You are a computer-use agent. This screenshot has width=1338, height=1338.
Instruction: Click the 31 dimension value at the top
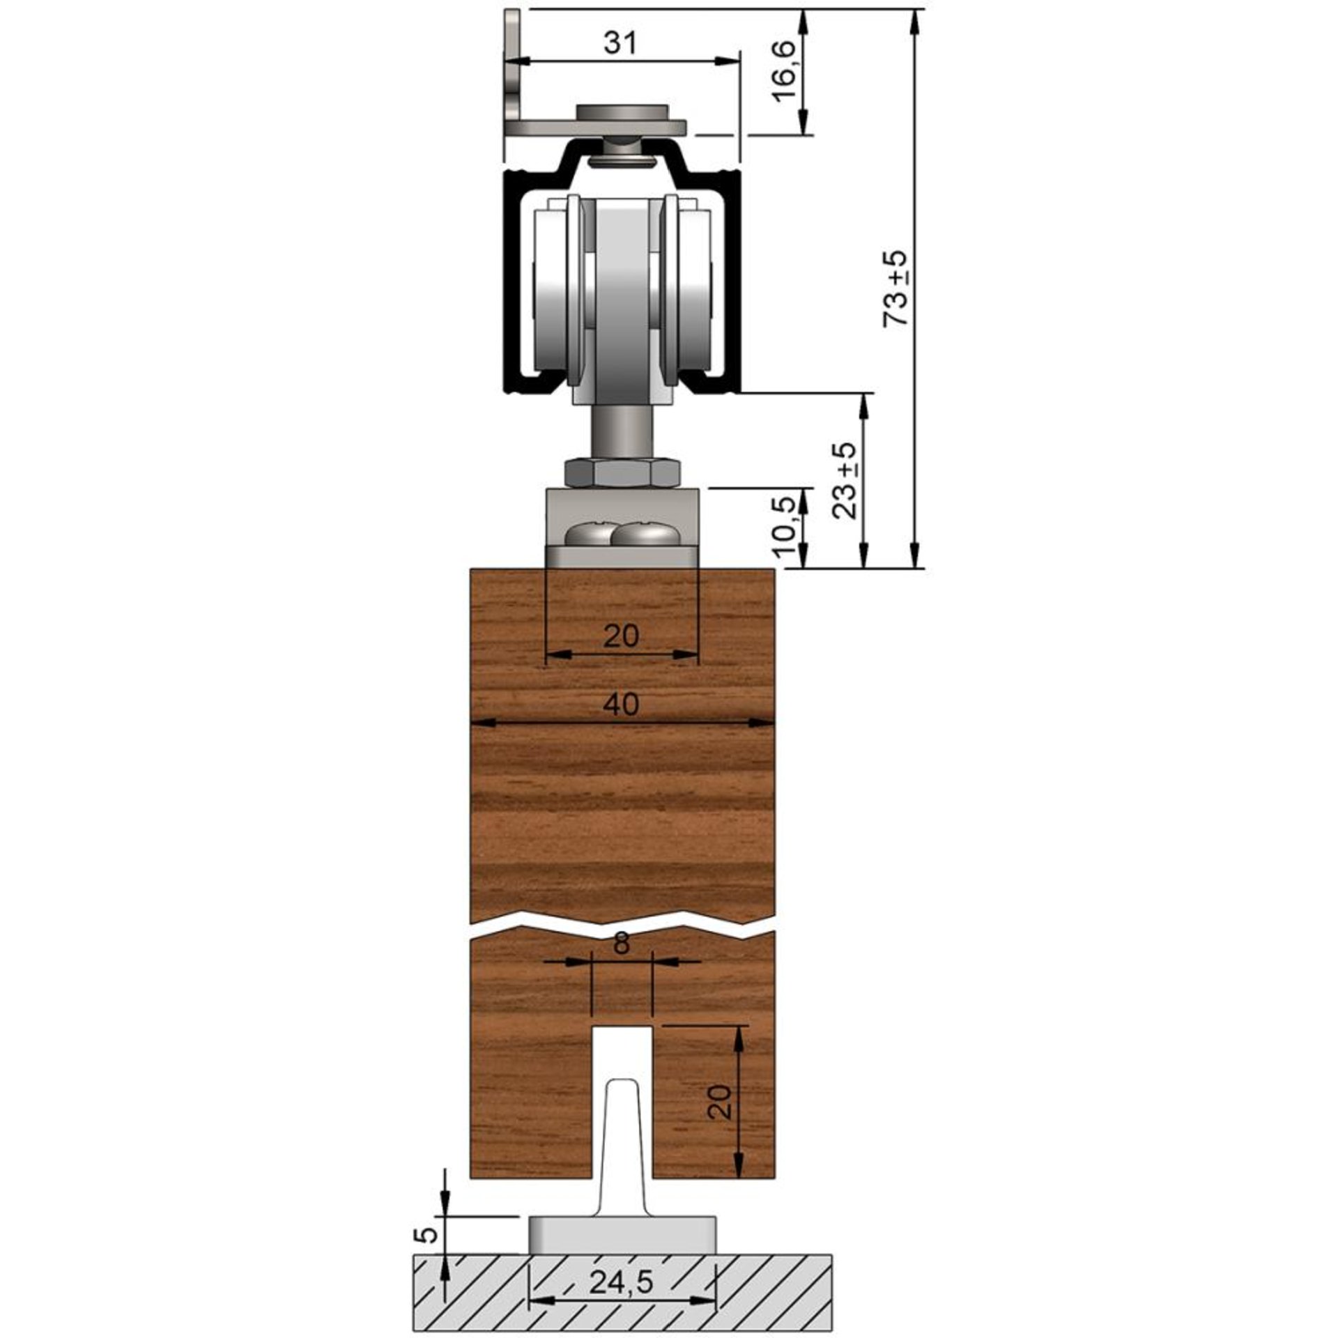620,44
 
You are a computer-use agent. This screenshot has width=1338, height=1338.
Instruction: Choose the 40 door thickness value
621,705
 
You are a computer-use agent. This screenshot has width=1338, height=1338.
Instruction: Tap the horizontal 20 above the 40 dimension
621,636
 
